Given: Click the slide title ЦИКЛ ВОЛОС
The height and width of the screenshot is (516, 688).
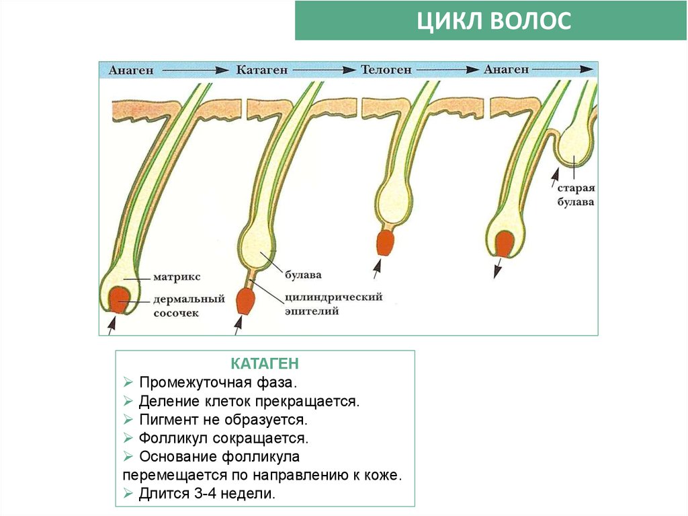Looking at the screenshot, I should [x=493, y=21].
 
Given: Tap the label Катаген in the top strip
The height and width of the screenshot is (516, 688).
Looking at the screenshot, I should [x=261, y=69].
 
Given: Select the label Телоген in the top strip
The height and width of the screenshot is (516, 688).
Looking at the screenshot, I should [x=387, y=69].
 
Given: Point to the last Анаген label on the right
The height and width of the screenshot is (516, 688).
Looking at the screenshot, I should [x=506, y=69].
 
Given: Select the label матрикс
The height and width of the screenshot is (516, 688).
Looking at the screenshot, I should [x=177, y=277].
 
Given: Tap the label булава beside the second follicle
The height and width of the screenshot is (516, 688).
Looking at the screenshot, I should [x=302, y=274].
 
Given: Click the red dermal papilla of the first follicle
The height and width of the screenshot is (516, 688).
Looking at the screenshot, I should [x=120, y=298].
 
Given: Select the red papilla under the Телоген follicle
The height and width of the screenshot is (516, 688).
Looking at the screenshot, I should [x=385, y=243].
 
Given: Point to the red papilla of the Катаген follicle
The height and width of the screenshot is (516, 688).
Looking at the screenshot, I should [x=244, y=301].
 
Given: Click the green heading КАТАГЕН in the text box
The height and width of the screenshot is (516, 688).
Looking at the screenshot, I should [x=265, y=364].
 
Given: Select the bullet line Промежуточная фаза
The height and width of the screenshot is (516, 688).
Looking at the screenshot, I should [x=218, y=383].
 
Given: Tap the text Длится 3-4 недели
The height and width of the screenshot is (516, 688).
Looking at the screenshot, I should [x=207, y=493].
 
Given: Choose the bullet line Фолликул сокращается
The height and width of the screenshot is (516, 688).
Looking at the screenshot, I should [x=223, y=439].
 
